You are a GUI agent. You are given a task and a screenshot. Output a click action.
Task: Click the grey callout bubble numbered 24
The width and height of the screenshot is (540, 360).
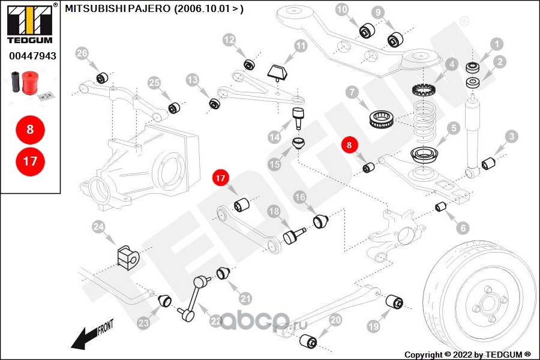(98, 227)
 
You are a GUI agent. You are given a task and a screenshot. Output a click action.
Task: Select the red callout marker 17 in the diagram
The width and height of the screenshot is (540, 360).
(220, 178)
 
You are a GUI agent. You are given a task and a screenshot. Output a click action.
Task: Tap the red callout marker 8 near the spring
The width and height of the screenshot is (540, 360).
(350, 145)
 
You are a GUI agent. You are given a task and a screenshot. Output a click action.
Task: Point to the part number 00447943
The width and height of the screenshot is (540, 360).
(32, 56)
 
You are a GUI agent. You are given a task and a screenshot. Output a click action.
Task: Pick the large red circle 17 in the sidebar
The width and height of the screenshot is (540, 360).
(30, 161)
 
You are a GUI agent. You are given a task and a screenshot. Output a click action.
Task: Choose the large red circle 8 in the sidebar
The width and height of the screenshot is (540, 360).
(30, 128)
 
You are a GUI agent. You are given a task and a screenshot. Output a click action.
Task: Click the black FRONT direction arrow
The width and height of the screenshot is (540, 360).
(90, 335)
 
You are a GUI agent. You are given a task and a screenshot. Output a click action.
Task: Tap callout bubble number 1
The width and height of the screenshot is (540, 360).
(496, 43)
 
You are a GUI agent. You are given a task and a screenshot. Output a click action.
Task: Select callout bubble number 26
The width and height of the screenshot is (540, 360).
(82, 54)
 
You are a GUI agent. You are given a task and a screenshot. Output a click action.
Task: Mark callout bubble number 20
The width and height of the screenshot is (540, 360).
(335, 320)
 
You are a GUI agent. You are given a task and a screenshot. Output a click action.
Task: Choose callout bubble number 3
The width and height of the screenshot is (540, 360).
(511, 136)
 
